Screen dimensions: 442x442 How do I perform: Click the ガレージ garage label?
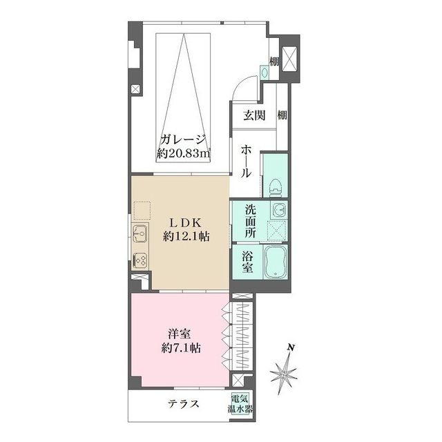183,140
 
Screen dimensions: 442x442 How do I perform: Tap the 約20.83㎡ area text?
184,153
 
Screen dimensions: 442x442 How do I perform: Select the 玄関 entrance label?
254,115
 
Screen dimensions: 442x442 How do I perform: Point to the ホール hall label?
246,162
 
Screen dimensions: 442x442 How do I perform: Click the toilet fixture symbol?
276,187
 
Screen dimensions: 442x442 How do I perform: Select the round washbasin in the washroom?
279,210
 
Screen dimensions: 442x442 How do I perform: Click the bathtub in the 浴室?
276,262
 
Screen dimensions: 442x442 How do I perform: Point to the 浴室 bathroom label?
247,262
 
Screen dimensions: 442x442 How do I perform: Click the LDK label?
185,223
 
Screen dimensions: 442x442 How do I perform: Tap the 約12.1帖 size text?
186,236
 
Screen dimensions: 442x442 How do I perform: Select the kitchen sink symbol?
140,233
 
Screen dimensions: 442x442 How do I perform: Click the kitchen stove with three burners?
140,260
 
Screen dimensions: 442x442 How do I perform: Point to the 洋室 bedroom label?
180,334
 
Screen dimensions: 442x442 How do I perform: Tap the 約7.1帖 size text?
181,348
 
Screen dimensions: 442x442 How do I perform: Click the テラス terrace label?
184,403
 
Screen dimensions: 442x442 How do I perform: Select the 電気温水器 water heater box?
240,404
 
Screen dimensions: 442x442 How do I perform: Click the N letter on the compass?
291,347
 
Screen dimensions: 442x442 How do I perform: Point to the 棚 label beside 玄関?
282,115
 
